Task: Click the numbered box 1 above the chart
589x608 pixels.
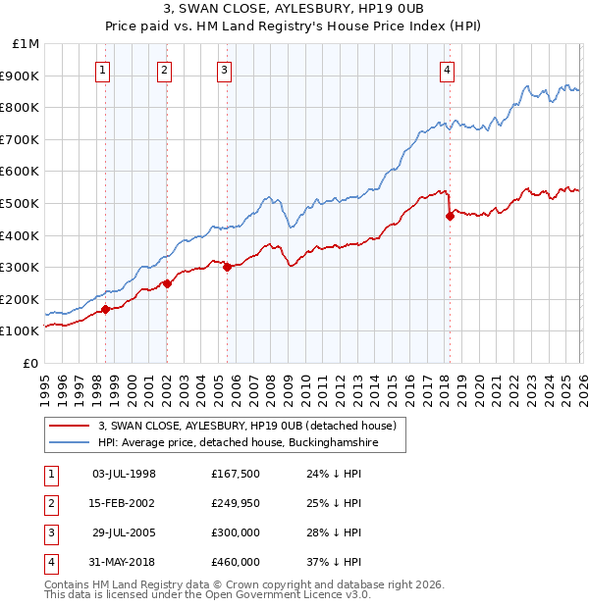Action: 103,70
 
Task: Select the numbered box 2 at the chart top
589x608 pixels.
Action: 164,70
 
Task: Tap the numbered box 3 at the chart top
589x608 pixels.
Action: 225,70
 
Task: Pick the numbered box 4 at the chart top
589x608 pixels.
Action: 447,70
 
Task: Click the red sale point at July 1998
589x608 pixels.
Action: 105,309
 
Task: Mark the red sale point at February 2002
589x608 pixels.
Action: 167,283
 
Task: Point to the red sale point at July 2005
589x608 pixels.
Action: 227,267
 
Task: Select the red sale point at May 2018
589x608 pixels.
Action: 450,216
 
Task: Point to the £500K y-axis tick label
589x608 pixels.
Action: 22,203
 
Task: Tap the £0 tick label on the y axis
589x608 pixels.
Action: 29,363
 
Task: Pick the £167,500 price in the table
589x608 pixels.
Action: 236,474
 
